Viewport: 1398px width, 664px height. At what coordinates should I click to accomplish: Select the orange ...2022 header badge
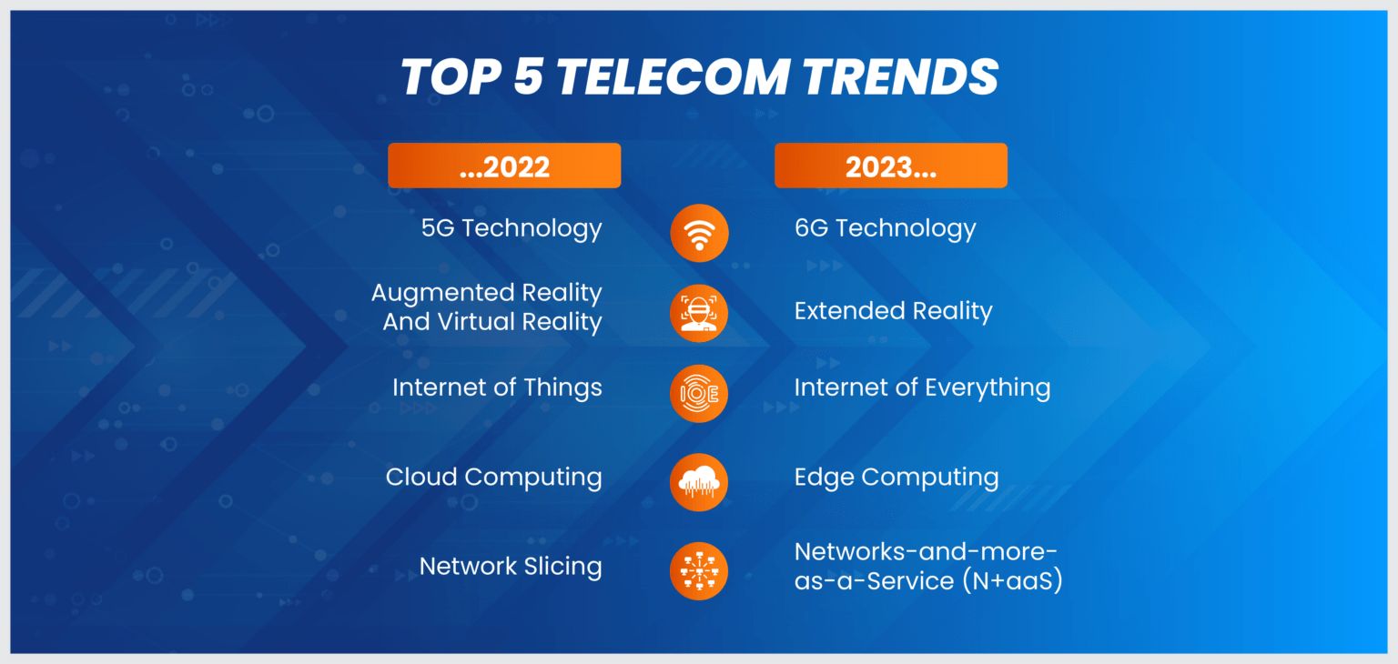pyautogui.click(x=504, y=166)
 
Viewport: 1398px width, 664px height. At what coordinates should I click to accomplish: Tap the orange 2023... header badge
pyautogui.click(x=891, y=166)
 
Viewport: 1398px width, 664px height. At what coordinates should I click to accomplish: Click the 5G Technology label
pyautogui.click(x=512, y=228)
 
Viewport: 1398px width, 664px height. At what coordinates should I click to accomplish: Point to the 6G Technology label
pyautogui.click(x=885, y=228)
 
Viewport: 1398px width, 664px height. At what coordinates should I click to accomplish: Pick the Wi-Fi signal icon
pyautogui.click(x=699, y=234)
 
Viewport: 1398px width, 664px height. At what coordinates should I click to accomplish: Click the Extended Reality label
pyautogui.click(x=893, y=311)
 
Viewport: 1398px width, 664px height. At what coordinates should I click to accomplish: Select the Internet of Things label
pyautogui.click(x=497, y=387)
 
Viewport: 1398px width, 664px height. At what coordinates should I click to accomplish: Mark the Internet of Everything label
pyautogui.click(x=922, y=387)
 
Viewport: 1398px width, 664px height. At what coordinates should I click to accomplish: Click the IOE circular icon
pyautogui.click(x=699, y=393)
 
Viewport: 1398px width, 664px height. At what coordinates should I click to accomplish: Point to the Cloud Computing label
pyautogui.click(x=493, y=478)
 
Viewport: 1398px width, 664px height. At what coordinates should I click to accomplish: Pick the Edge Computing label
pyautogui.click(x=897, y=478)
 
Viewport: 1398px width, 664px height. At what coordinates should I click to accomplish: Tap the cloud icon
pyautogui.click(x=699, y=482)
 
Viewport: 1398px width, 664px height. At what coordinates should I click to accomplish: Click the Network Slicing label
pyautogui.click(x=511, y=567)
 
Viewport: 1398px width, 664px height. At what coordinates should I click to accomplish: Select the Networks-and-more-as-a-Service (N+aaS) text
pyautogui.click(x=928, y=567)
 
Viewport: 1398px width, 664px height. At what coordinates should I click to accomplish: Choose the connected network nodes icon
pyautogui.click(x=699, y=571)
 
